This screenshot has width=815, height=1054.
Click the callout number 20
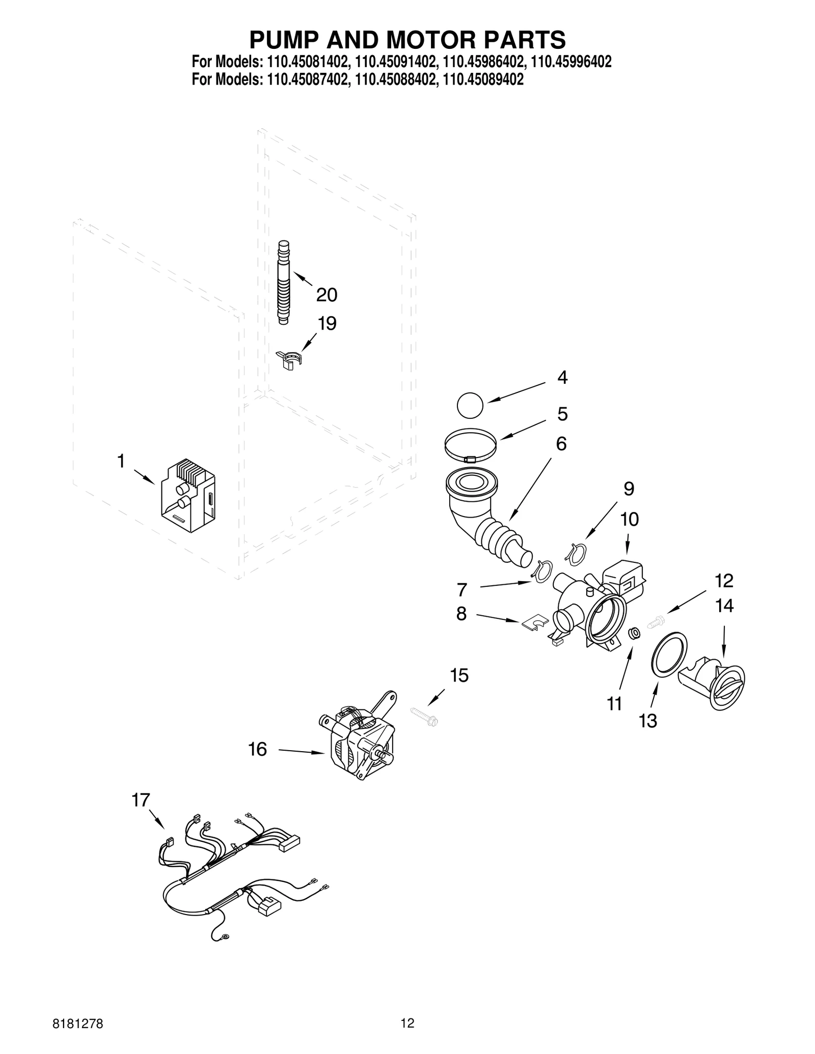(x=327, y=295)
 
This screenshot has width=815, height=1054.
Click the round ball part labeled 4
(x=470, y=406)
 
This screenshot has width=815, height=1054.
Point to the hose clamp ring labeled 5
(x=471, y=445)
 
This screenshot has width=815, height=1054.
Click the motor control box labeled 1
(x=187, y=497)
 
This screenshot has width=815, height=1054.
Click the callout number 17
(x=141, y=800)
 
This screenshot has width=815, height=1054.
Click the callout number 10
(x=629, y=519)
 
